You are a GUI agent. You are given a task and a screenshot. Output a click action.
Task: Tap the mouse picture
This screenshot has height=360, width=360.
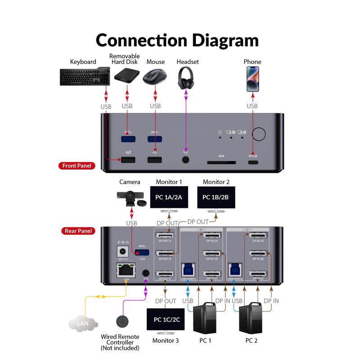(x=154, y=76)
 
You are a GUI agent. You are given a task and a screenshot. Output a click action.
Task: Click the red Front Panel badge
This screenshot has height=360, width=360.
(x=77, y=166)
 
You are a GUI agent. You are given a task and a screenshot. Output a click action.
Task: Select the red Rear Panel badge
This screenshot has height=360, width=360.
(x=77, y=231)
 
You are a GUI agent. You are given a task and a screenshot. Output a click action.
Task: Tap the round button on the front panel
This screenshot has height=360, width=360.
(x=259, y=134)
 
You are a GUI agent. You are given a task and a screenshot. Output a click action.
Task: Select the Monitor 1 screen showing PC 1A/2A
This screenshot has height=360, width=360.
(x=169, y=198)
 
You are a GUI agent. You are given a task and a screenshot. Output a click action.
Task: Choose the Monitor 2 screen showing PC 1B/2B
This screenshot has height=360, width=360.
(x=216, y=198)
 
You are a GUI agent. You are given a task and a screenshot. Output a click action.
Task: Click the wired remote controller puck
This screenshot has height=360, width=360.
(x=122, y=321)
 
